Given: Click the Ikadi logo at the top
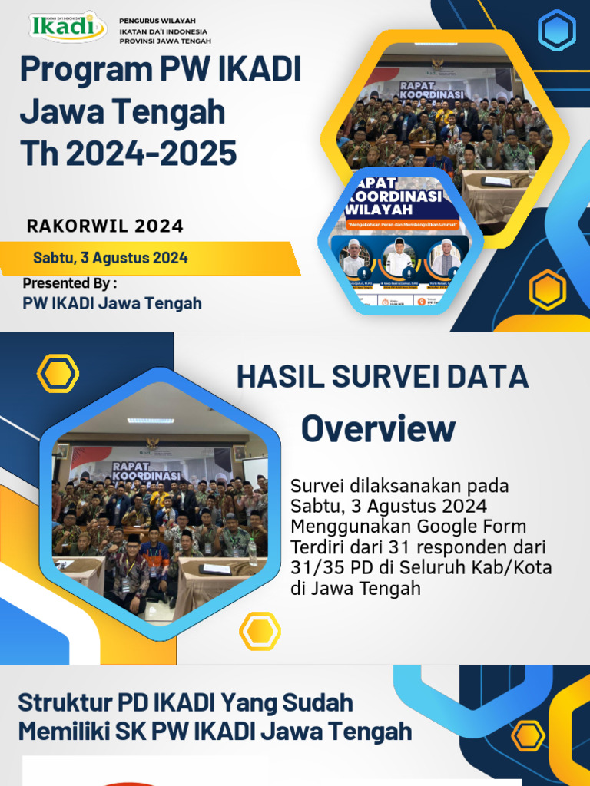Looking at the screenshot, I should (x=68, y=27).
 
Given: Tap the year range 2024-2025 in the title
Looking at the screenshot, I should (x=151, y=154).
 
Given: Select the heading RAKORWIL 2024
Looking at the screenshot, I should (x=105, y=226).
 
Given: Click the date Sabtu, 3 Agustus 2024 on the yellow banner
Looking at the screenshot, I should (x=111, y=258).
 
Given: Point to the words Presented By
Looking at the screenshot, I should (x=70, y=283).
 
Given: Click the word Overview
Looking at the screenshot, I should (x=378, y=428).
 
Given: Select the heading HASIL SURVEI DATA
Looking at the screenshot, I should (x=382, y=377).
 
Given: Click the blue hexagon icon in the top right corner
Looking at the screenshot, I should (x=557, y=31).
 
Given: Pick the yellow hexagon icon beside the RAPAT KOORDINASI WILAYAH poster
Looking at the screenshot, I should (x=548, y=291).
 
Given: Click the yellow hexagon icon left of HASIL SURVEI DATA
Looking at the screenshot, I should (x=58, y=374).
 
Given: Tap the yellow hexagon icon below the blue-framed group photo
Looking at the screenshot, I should (x=260, y=631).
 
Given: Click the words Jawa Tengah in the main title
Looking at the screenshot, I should (x=122, y=112).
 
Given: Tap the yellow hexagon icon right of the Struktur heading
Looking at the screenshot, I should (x=528, y=735).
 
